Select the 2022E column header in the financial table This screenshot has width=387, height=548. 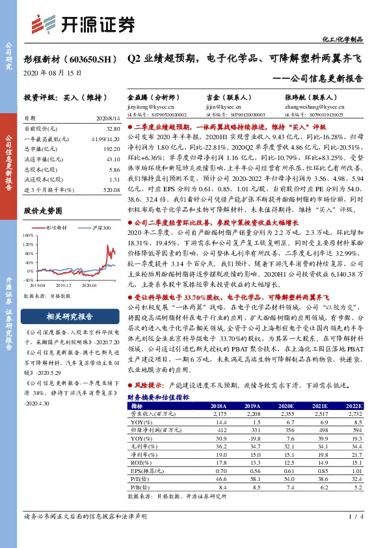[353, 405]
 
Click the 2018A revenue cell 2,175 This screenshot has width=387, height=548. [219, 413]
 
